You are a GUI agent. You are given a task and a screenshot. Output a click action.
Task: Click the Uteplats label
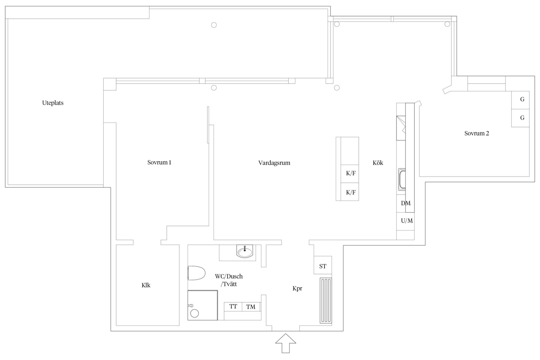pos(53,103)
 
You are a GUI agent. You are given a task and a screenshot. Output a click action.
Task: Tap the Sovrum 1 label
pos(159,162)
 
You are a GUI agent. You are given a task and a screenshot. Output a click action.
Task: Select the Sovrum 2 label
pos(477,133)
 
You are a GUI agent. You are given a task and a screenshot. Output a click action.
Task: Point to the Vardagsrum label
pos(274,163)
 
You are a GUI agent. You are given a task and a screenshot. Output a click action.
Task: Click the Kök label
pos(378,163)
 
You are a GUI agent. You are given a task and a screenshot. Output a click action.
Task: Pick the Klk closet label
pos(146,285)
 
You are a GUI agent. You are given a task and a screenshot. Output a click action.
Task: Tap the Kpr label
pos(297,289)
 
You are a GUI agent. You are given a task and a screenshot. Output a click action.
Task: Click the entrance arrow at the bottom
pos(286,343)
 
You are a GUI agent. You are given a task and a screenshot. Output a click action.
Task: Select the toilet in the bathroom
pos(196,273)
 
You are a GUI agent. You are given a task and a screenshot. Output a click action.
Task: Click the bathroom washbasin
pos(245,251)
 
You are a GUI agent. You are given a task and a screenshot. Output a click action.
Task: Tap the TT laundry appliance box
pos(233,307)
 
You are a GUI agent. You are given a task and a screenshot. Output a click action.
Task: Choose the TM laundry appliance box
pos(251,307)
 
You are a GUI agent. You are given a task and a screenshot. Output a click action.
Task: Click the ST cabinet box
pos(323,265)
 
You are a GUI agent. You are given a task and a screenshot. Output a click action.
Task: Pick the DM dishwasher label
pos(406,203)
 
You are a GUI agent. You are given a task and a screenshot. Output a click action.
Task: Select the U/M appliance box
pos(405,221)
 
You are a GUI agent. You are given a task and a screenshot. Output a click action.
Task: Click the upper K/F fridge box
pos(350,174)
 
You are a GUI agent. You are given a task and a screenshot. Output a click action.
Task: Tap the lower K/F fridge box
pos(350,192)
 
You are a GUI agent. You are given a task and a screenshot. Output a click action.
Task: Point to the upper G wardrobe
pos(520,100)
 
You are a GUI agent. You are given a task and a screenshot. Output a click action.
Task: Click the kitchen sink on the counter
pos(402,179)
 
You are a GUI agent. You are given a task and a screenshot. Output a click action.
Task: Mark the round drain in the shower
pos(195,313)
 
